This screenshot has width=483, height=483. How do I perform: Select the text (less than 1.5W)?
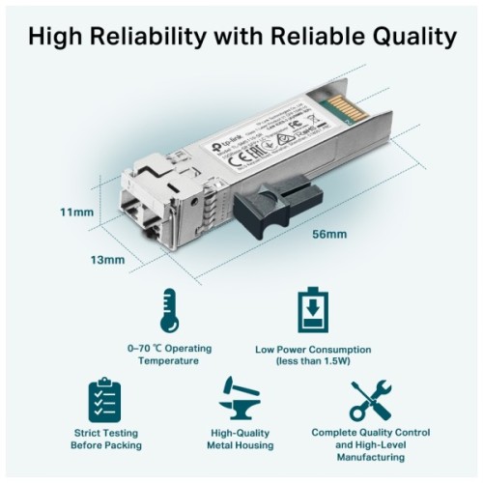click(x=315, y=360)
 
